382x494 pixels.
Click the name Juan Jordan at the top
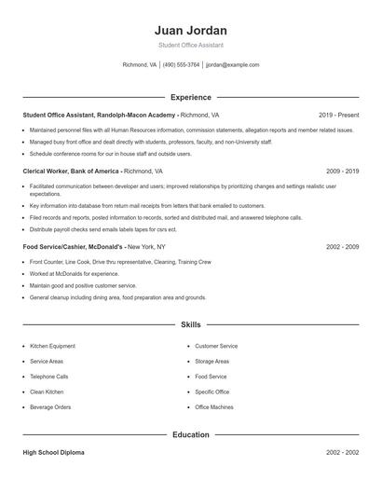click(191, 30)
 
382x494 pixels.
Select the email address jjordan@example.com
click(233, 65)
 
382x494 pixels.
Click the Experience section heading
click(191, 97)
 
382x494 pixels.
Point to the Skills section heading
click(191, 325)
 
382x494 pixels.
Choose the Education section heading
click(191, 434)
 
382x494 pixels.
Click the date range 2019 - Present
click(338, 115)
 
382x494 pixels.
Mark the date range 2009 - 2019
click(343, 172)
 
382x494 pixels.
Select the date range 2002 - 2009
click(343, 247)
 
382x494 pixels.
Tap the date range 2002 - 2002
click(343, 452)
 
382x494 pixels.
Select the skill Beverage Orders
click(50, 407)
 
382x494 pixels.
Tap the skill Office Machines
click(214, 407)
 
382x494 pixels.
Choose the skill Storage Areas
click(212, 362)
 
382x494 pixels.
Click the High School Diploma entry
click(53, 452)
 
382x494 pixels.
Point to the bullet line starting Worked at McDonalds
click(61, 274)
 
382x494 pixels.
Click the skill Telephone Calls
click(49, 377)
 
